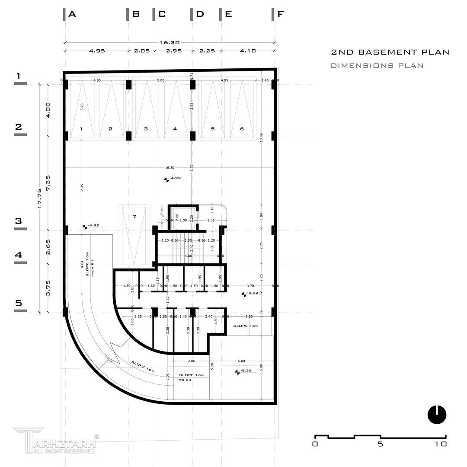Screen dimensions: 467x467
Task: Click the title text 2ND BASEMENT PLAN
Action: [390, 52]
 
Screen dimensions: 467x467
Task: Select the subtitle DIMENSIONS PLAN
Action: [377, 66]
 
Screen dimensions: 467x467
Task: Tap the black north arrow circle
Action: [437, 415]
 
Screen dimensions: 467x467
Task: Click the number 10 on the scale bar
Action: [441, 444]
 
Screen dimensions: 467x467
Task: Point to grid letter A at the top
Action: [72, 14]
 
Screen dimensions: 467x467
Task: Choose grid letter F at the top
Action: [281, 14]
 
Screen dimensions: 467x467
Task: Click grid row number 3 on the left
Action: [19, 221]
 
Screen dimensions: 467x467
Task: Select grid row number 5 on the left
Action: [19, 303]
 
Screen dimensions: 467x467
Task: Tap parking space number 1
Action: [81, 129]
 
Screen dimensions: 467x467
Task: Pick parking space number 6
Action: [242, 129]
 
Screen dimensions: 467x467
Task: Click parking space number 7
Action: [134, 216]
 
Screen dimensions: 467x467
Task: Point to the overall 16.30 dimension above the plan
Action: [170, 42]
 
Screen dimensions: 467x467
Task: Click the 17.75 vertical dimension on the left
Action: [39, 198]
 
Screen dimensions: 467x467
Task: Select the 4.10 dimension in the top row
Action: [247, 51]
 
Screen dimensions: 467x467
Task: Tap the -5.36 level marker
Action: [245, 371]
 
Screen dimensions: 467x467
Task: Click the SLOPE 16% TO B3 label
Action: [192, 377]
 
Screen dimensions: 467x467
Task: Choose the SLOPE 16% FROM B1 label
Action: [90, 264]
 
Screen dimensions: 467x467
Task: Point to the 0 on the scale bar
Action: [315, 444]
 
